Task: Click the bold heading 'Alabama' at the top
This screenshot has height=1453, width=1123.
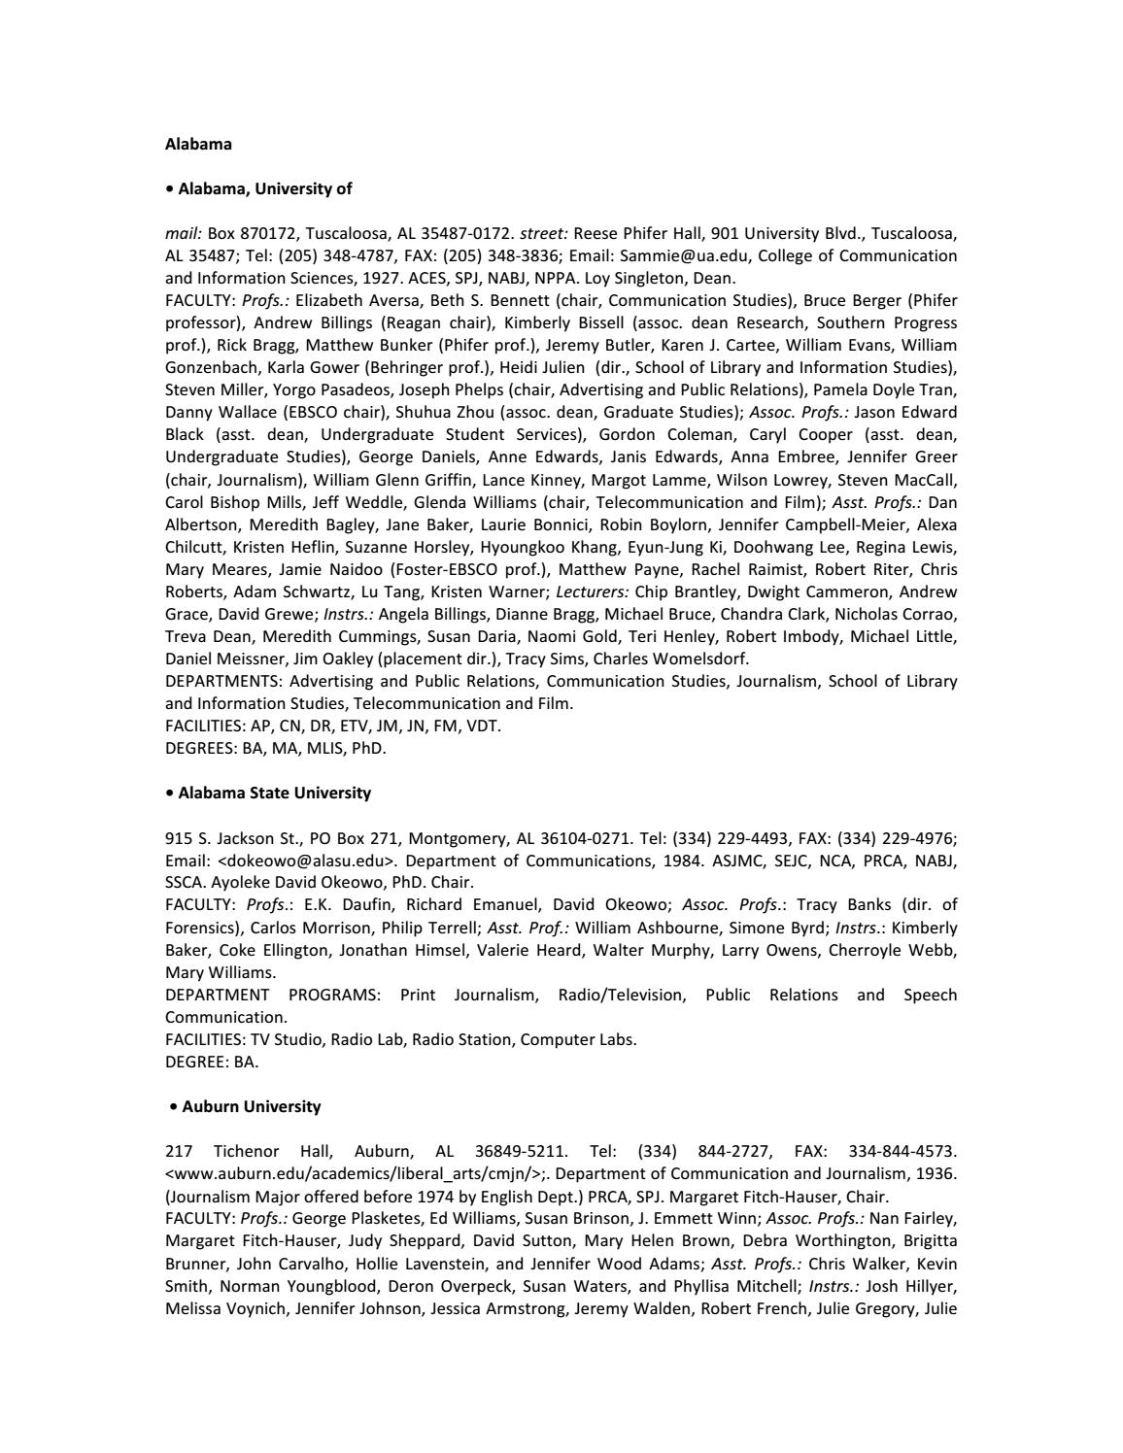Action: (x=198, y=144)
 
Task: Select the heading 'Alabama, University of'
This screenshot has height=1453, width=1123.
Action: (x=264, y=188)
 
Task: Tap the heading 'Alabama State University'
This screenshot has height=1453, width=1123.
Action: (x=274, y=793)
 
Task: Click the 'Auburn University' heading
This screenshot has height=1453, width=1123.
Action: (x=251, y=1106)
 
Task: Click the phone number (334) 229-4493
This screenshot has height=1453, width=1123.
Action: (x=731, y=838)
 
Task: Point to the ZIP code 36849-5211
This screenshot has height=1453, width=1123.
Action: (x=521, y=1151)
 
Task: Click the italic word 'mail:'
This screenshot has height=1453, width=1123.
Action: (x=184, y=233)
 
